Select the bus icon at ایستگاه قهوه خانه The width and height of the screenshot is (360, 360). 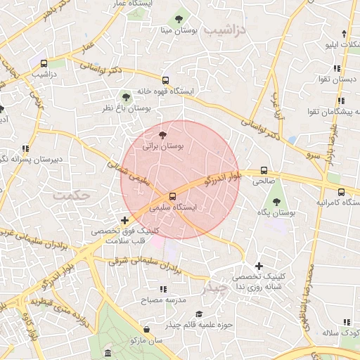tap(166, 80)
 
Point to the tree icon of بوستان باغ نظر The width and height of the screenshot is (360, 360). tap(126, 96)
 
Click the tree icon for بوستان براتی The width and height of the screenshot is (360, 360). tap(163, 134)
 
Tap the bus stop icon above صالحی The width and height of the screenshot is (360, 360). tap(264, 170)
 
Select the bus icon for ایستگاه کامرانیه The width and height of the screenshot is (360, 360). tap(341, 191)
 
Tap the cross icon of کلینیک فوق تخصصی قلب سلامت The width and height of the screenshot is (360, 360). tap(124, 220)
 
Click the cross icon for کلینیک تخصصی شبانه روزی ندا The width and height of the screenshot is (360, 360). tap(259, 266)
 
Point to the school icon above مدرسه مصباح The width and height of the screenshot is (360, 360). tap(163, 289)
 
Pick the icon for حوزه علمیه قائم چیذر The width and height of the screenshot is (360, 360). tap(199, 314)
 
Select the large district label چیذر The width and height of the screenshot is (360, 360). tap(214, 288)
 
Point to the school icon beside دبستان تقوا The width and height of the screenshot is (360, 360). tap(337, 68)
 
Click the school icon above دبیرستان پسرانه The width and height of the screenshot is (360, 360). tap(25, 148)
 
